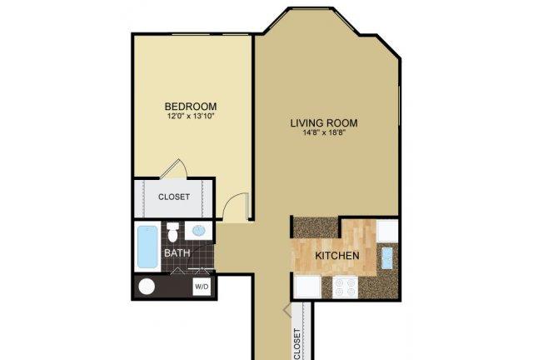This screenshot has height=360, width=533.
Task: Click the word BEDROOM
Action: (x=191, y=107)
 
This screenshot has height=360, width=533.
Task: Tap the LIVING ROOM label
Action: (x=329, y=123)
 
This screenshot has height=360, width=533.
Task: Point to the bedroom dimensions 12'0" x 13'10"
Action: (x=191, y=118)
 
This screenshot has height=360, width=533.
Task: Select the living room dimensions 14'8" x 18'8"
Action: (x=329, y=135)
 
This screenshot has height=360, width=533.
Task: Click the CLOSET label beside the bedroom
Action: (x=174, y=197)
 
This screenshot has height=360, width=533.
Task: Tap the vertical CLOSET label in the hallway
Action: (x=297, y=342)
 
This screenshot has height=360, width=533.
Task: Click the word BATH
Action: (x=176, y=252)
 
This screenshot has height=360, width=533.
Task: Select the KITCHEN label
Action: (x=336, y=255)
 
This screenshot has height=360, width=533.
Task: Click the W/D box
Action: (x=202, y=287)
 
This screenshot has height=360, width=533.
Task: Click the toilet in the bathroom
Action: (x=173, y=231)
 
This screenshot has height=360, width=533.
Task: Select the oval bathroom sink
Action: (x=200, y=231)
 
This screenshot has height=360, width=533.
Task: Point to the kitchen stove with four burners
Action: (x=345, y=287)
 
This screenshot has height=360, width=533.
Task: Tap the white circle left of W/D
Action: (x=147, y=287)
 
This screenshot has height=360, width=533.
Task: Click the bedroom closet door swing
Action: (x=172, y=169)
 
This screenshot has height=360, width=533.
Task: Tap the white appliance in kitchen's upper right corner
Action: (x=387, y=228)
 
